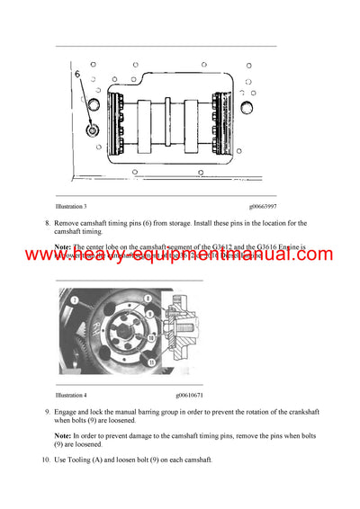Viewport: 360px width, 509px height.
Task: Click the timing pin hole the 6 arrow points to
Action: tap(92, 131)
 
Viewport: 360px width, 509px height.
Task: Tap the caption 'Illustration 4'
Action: tap(71, 395)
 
